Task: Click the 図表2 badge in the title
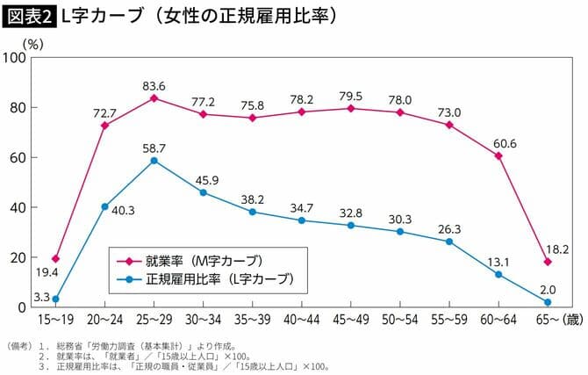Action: point(29,16)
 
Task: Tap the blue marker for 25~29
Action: point(154,161)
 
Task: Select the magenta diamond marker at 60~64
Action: point(498,155)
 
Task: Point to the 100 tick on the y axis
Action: point(16,58)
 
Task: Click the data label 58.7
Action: point(154,147)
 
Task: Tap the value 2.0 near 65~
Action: point(547,289)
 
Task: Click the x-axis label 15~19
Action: point(56,321)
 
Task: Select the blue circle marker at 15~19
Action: point(56,299)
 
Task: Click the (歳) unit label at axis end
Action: point(571,321)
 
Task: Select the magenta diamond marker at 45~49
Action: point(351,108)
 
